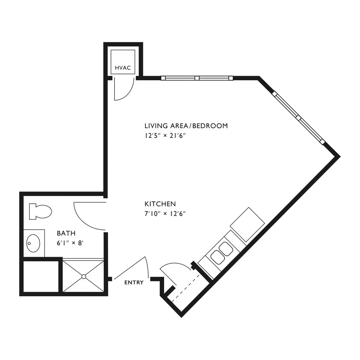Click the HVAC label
click(x=123, y=68)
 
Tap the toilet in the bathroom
click(x=40, y=211)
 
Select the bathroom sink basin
click(x=33, y=243)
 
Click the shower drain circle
click(x=84, y=276)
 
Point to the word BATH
click(x=66, y=233)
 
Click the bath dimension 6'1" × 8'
click(x=70, y=243)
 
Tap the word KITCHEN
click(x=160, y=204)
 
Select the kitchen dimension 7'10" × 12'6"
click(x=165, y=214)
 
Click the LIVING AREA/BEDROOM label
click(x=186, y=126)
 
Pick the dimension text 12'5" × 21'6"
click(x=165, y=136)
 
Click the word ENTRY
click(x=134, y=282)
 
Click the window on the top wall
click(x=197, y=78)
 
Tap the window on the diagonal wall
click(x=298, y=118)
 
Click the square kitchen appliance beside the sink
click(x=247, y=225)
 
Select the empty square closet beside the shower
click(x=41, y=276)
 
